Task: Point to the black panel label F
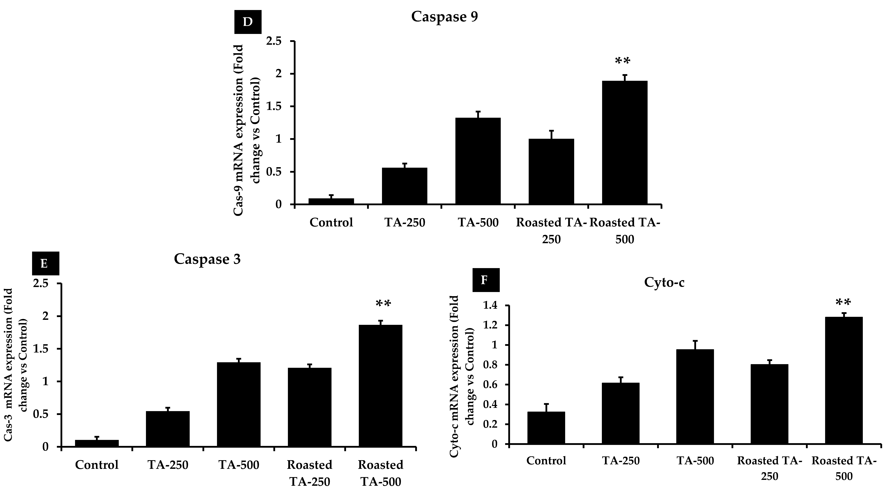(485, 280)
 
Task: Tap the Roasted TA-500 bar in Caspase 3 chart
(380, 385)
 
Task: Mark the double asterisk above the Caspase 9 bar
(623, 61)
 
